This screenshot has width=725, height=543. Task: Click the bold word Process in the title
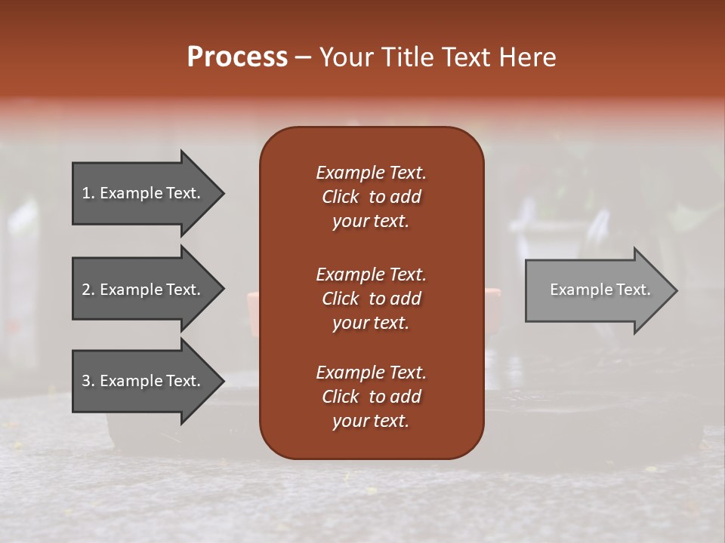(x=237, y=57)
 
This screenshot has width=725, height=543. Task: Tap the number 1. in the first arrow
(x=88, y=193)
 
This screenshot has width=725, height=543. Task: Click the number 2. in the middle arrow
(x=88, y=290)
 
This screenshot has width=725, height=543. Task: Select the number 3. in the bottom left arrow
(x=88, y=381)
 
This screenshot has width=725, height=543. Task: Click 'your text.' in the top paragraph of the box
(x=371, y=222)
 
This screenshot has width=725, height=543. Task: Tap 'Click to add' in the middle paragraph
(x=371, y=299)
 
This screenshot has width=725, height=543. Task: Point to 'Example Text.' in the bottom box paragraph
(x=371, y=373)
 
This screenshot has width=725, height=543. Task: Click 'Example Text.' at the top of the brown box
(x=371, y=173)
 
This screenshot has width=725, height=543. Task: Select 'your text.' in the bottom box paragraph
(x=371, y=422)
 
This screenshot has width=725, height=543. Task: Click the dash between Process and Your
(x=304, y=58)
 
